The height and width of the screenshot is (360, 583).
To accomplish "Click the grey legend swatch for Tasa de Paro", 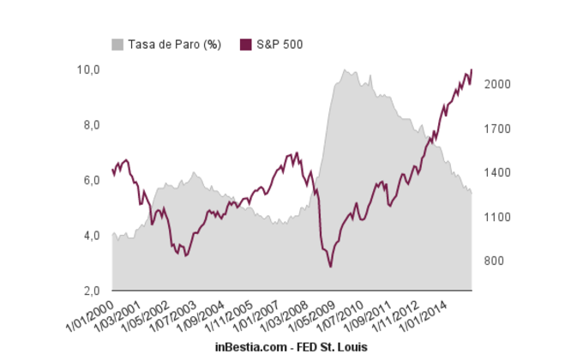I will [x=117, y=45].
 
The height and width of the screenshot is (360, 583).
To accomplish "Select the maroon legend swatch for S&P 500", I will [x=246, y=45].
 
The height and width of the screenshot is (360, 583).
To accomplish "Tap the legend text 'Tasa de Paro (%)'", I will [x=175, y=45].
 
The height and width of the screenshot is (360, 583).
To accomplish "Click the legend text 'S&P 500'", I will [x=280, y=45].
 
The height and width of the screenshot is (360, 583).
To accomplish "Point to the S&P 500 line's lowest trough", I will [x=330, y=267].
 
